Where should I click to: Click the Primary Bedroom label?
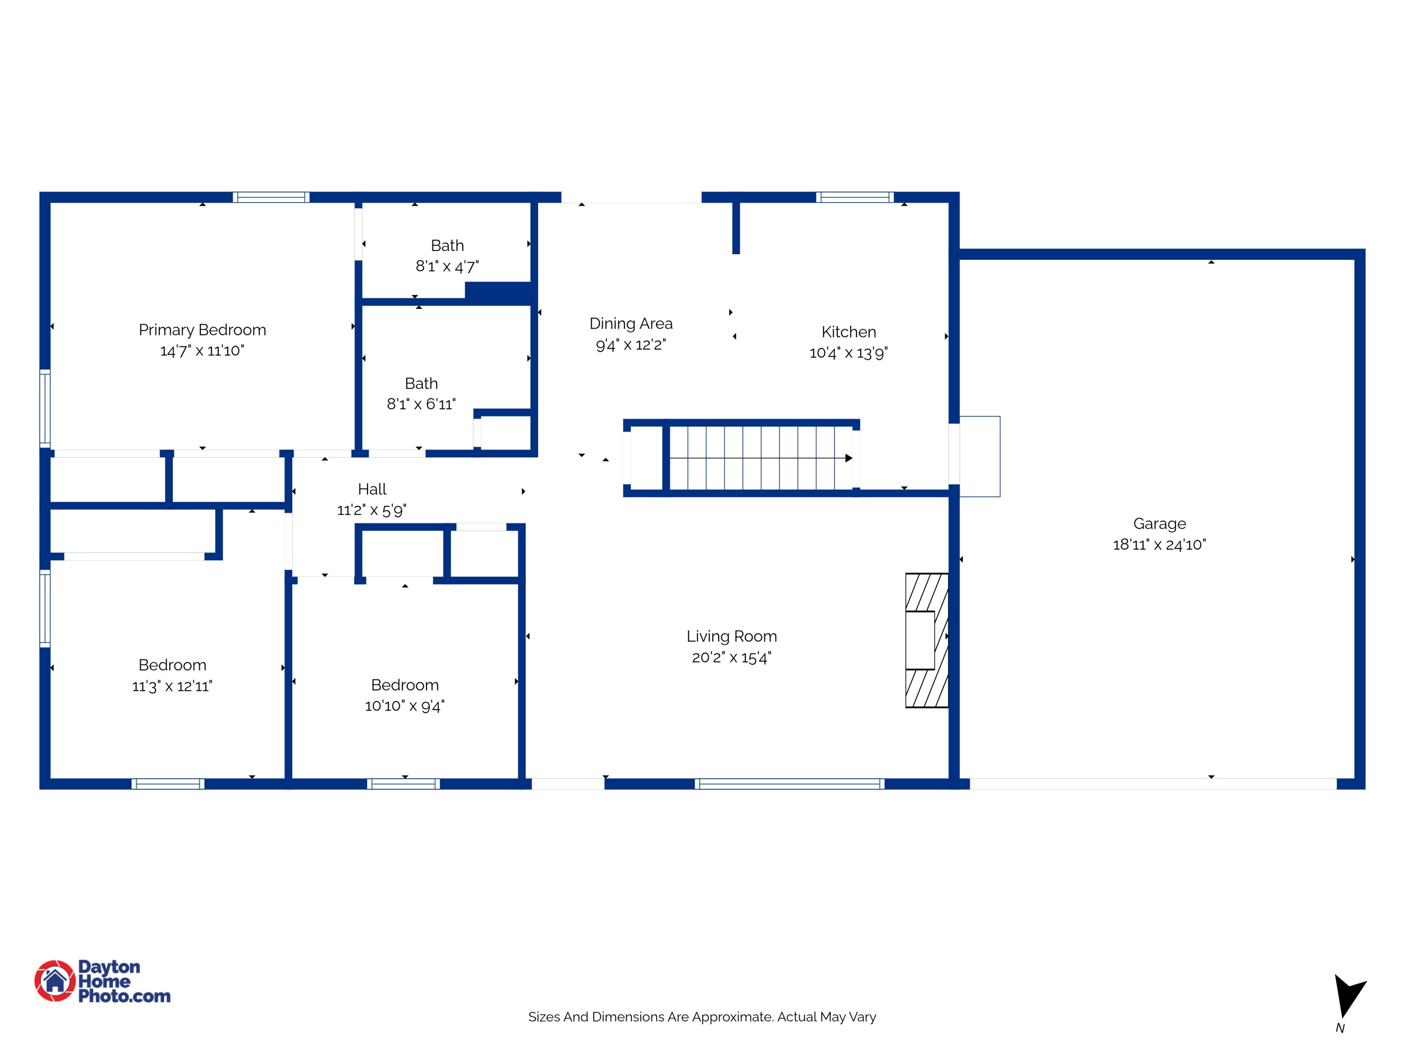point(202,330)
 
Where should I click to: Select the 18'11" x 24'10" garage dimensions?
point(1159,545)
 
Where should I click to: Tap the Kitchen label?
point(849,332)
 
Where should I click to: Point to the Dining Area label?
point(631,324)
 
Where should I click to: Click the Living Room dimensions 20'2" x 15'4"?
point(732,657)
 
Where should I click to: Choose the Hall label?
point(372,490)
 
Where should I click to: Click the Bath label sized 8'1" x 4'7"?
point(447,246)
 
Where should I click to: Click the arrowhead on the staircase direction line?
point(849,458)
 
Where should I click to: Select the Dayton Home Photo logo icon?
point(55,980)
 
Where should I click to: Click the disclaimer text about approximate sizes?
point(702,1017)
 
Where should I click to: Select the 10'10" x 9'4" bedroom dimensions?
point(405,706)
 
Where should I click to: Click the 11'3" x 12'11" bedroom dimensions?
point(172,686)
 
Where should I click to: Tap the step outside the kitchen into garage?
point(979,456)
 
